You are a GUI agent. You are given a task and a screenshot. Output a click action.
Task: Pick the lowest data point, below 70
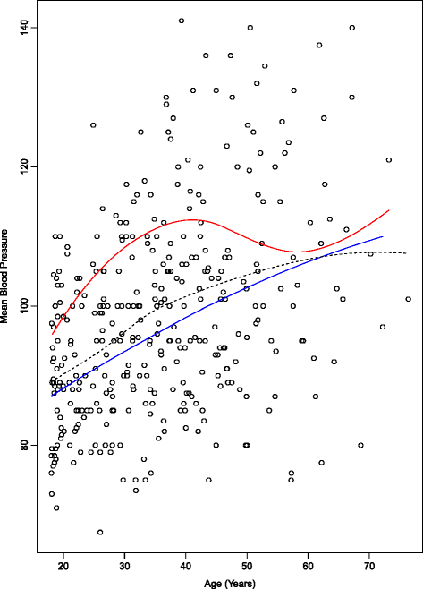coord(100,532)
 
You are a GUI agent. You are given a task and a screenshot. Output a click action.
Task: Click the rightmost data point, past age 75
coord(408,299)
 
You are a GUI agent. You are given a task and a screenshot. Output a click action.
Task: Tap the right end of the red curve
coord(389,210)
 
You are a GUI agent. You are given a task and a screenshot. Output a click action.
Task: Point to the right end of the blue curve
coord(383,236)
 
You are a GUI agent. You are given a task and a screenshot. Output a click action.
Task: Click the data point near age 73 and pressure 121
coord(389,160)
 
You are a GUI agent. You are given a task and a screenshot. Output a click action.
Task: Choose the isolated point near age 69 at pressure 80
coord(361,445)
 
